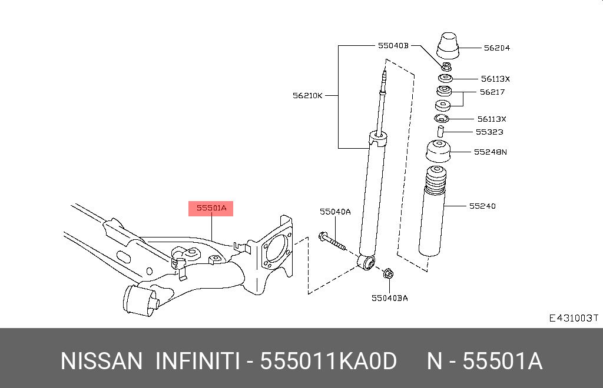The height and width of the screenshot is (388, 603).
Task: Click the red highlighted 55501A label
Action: tap(211, 208)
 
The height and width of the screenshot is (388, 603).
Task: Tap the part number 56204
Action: tap(496, 48)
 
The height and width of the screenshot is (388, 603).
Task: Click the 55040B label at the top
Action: tap(393, 45)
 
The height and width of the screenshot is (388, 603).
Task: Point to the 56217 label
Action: tap(492, 92)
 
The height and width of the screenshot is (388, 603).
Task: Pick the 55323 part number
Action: tap(489, 132)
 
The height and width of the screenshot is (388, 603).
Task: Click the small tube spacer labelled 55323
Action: tap(439, 129)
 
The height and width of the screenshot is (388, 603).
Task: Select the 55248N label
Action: tap(490, 152)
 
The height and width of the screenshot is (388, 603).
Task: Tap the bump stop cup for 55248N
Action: tap(439, 153)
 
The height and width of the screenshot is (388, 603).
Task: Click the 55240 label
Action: tap(482, 206)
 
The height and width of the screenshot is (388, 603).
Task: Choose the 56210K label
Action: tap(307, 95)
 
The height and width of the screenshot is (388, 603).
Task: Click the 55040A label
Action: tap(335, 212)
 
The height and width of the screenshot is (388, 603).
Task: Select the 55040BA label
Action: tap(389, 297)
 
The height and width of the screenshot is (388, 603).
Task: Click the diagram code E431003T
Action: tap(573, 318)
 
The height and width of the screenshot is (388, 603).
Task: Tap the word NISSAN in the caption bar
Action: tap(101, 361)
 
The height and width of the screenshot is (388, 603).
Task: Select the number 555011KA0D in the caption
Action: tap(329, 361)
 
